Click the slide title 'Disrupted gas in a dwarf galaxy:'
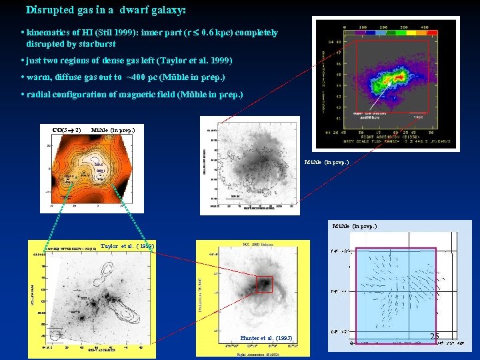coord(106,11)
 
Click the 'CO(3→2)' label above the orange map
coord(67,129)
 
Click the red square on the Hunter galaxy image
coord(265,284)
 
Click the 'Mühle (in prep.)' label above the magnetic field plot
coord(354,227)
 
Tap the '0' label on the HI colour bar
coord(345,27)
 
